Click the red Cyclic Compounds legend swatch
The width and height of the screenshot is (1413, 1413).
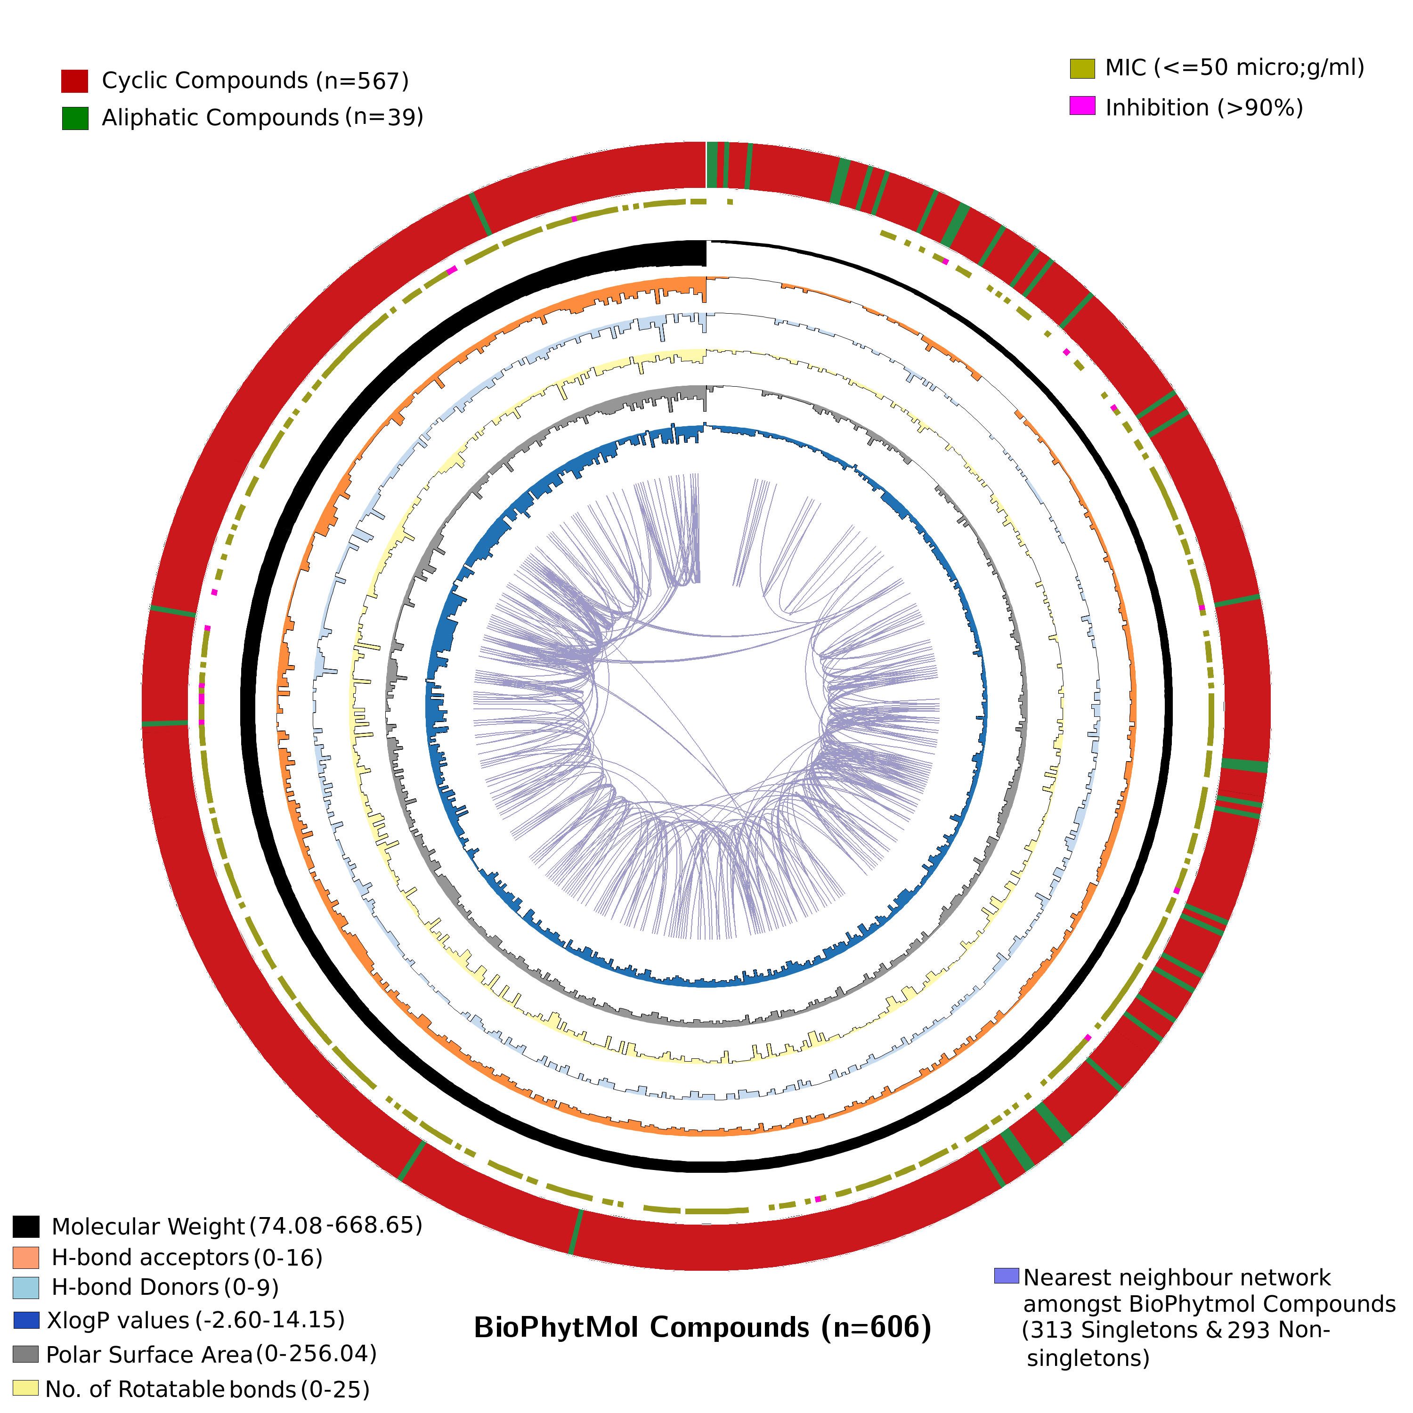[74, 81]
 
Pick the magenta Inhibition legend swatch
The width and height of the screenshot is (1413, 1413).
[1082, 106]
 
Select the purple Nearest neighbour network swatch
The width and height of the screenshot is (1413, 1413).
[1007, 1275]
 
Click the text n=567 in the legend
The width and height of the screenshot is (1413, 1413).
[362, 81]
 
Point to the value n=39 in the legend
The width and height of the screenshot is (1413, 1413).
[384, 117]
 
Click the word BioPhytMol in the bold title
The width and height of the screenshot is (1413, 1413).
[556, 1327]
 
